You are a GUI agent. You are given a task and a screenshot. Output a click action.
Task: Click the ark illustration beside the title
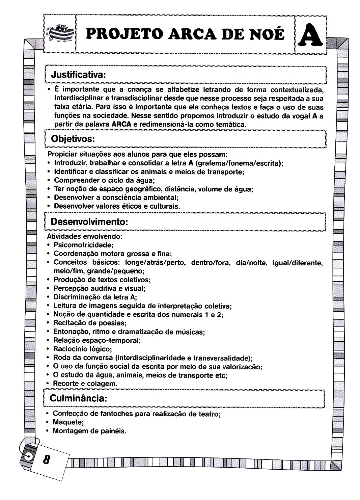coord(60,33)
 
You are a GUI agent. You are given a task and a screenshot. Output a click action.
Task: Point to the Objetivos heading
coord(72,139)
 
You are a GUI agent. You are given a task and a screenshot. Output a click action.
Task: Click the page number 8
coord(46,459)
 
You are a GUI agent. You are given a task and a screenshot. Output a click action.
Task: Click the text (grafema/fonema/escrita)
coord(239,163)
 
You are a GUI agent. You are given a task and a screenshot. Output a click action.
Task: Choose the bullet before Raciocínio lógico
coord(49,349)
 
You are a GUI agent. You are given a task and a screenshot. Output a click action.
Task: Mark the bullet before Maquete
coord(49,422)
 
